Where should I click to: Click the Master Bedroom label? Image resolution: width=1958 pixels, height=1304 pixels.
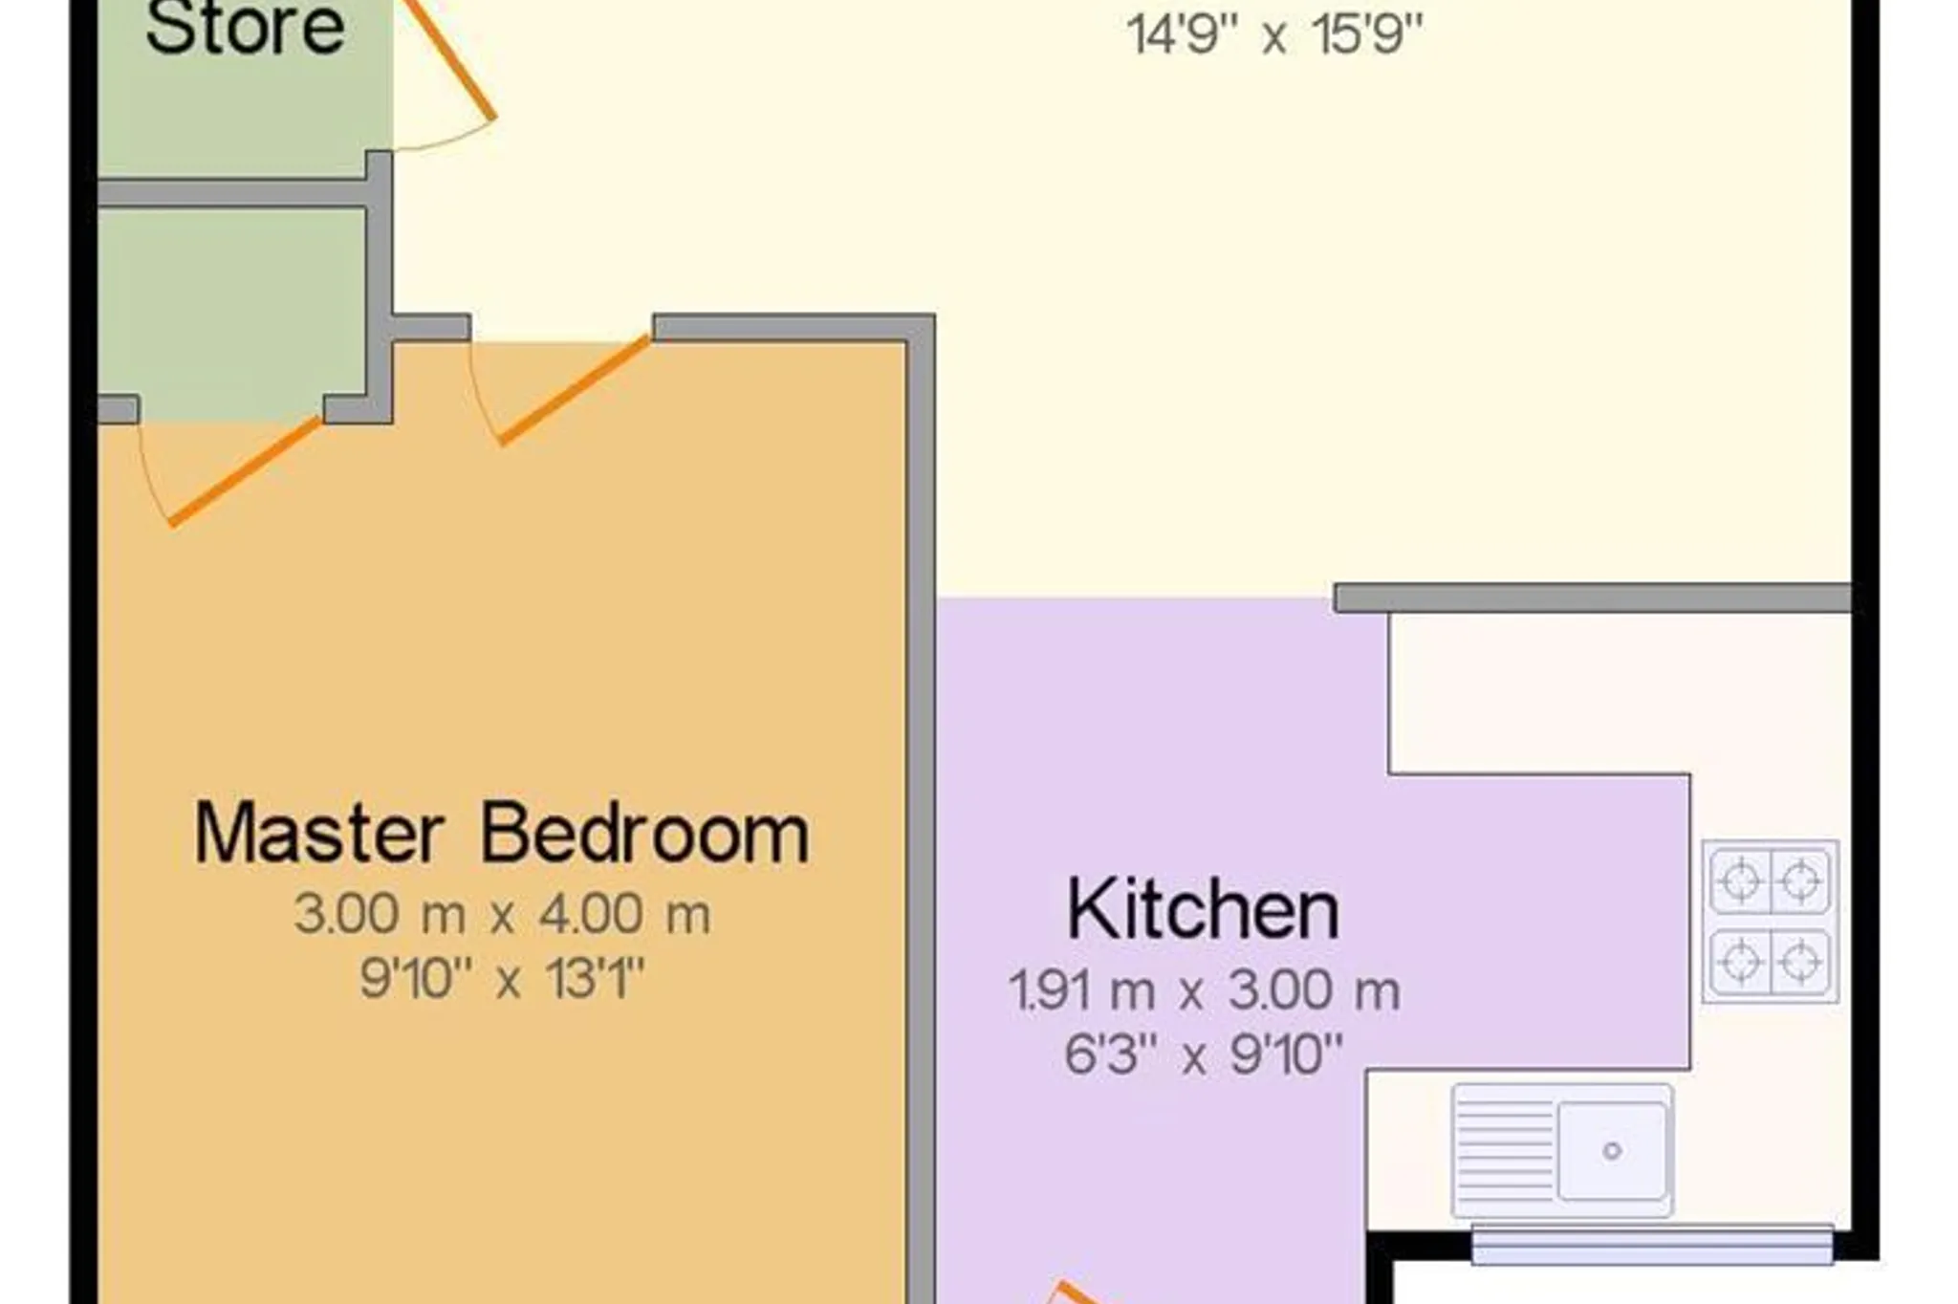coord(502,834)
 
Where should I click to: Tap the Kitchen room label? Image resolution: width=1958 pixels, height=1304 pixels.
coord(1203,909)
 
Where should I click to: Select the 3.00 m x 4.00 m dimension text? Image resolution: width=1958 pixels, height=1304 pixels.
coord(503,914)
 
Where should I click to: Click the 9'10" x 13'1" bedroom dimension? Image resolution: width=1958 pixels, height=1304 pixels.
coord(503,978)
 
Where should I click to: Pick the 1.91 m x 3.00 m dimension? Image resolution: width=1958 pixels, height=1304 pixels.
coord(1205,989)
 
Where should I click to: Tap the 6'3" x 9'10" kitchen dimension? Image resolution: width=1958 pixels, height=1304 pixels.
coord(1205,1054)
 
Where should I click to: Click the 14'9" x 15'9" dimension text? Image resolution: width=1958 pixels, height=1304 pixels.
coord(1275,35)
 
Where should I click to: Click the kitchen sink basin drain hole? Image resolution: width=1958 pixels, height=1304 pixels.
coord(1613,1151)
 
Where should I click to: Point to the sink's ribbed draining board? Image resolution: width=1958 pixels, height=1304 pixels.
coord(1504,1151)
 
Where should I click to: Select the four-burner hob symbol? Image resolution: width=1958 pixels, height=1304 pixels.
coord(1771,921)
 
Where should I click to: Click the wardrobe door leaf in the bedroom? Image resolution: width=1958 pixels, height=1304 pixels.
coord(246,471)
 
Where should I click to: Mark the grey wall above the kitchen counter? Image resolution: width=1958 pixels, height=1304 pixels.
coord(1593,598)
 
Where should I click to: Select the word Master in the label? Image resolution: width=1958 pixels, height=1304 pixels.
coord(319,834)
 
